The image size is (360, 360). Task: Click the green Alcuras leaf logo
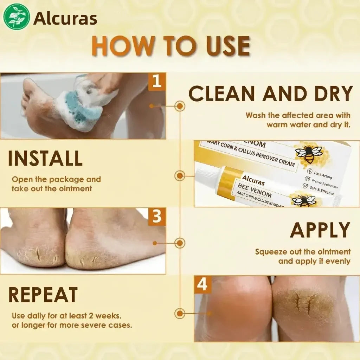(x=16, y=17)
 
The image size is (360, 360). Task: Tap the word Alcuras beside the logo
(x=65, y=19)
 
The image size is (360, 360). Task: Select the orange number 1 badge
(x=157, y=81)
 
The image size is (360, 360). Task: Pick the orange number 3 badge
(x=157, y=216)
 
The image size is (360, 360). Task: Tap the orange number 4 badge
(x=202, y=285)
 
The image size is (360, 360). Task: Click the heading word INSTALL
(x=45, y=158)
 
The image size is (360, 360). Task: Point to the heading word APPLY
(x=320, y=230)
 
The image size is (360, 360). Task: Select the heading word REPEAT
(x=43, y=295)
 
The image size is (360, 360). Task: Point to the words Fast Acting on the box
(x=323, y=175)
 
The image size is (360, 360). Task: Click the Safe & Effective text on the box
(x=322, y=190)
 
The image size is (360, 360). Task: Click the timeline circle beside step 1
(x=180, y=106)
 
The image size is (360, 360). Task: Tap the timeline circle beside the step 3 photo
(x=180, y=243)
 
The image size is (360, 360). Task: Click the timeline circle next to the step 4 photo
(x=180, y=313)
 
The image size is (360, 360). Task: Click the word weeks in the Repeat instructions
(x=108, y=316)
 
